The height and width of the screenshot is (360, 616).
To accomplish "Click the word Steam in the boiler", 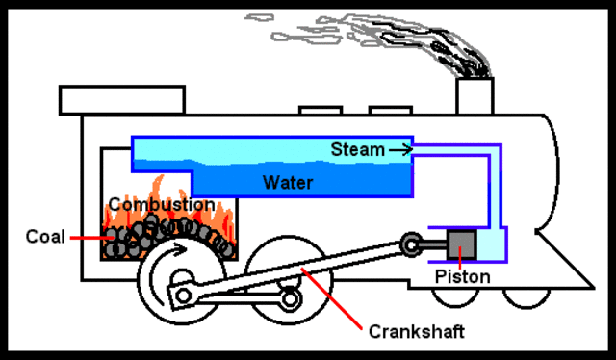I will click(357, 149).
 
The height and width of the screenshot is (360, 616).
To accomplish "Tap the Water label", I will click(288, 180).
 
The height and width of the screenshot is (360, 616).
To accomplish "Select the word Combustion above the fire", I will click(161, 205).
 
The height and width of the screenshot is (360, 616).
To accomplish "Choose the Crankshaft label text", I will click(417, 332).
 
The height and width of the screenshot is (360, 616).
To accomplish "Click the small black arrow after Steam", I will click(401, 149).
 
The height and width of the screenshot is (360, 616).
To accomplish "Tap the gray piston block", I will click(462, 244).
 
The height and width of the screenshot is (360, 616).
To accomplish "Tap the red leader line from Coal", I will click(85, 235).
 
